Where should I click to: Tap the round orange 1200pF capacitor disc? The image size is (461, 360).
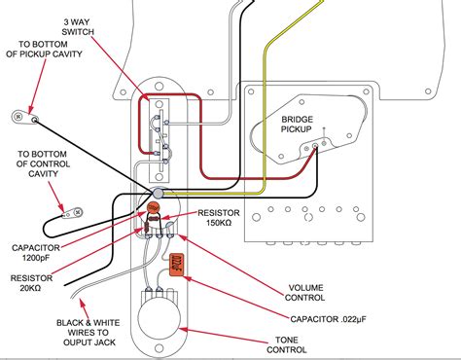[152, 208]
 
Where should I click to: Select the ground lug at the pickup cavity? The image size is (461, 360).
[20, 117]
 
